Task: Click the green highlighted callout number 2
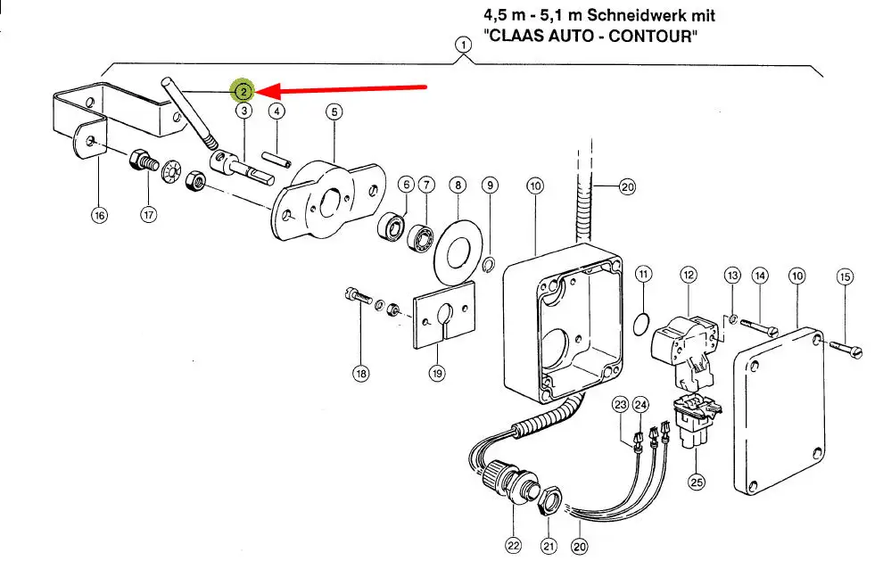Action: (x=243, y=91)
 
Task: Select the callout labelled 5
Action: (x=334, y=111)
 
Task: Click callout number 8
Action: (x=458, y=186)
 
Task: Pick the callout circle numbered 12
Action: (x=688, y=275)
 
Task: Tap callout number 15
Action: (x=845, y=276)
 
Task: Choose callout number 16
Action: (x=98, y=215)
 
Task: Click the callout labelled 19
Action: (x=436, y=374)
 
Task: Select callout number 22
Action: (x=513, y=544)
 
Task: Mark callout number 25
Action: (x=696, y=482)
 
